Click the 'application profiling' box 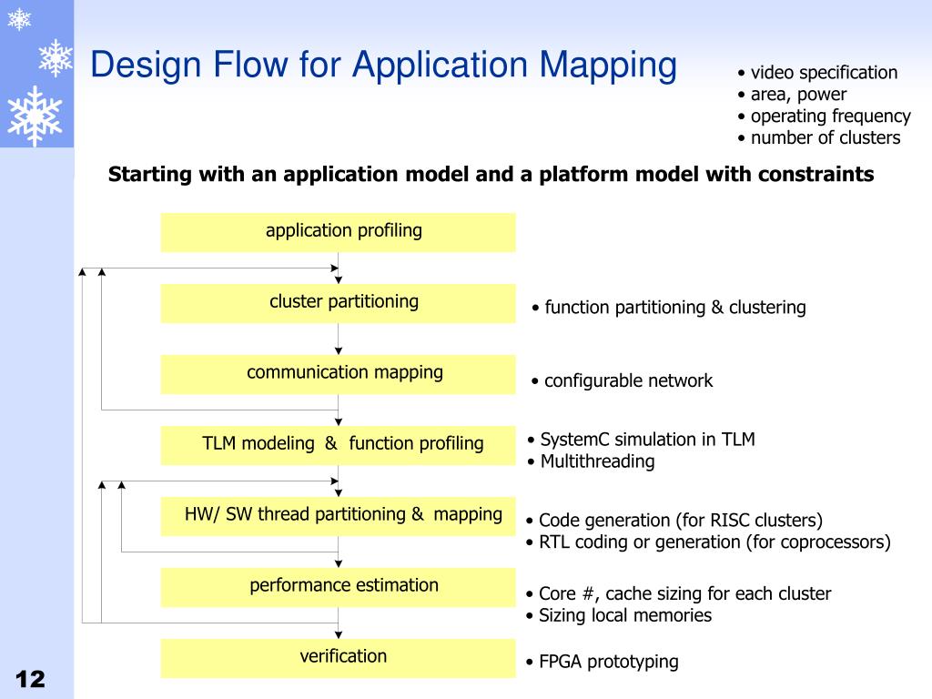coord(338,232)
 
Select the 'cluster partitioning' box coord(338,303)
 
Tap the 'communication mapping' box coord(338,374)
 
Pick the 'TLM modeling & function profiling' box coord(338,445)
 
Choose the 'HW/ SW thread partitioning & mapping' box coord(338,516)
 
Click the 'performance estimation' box coord(338,587)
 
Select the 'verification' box coord(338,658)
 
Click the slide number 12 coord(30,679)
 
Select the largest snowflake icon coord(35,116)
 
